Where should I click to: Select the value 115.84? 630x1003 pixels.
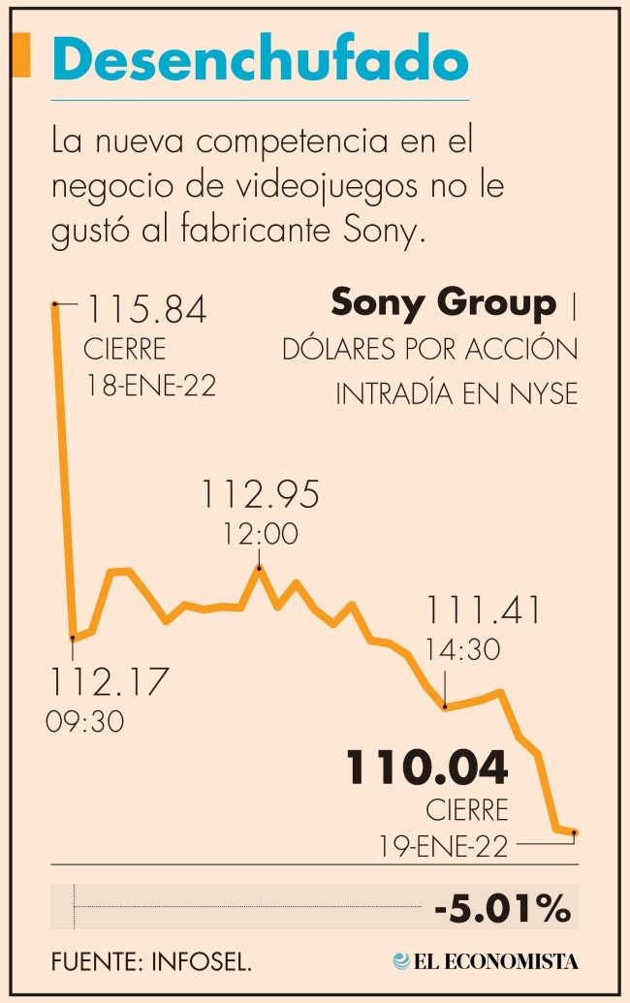pos(147,311)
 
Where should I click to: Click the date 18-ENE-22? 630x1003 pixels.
pos(149,384)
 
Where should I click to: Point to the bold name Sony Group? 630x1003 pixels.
pos(445,303)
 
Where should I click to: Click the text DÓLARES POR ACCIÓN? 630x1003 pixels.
pos(429,349)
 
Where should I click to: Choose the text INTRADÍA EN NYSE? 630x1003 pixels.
pos(457,393)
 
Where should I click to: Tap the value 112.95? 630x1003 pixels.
pos(260,496)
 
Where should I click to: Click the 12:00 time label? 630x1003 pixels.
pos(259,534)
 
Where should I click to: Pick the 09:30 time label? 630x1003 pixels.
pos(84,722)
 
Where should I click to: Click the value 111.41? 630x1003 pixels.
pos(483,611)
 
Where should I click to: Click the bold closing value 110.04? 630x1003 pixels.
pos(427,768)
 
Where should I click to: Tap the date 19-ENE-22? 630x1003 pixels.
pos(443,846)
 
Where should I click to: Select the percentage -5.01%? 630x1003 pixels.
pos(502,910)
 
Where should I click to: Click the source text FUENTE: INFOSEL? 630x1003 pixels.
pos(152,961)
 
